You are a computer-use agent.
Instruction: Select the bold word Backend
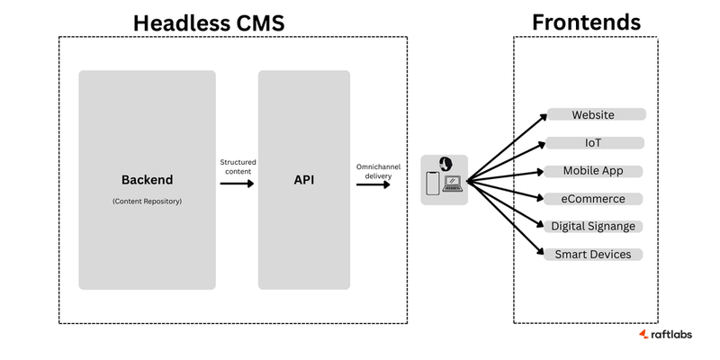(x=147, y=179)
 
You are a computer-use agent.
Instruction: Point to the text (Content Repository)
(x=147, y=201)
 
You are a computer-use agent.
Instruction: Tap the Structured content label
(x=238, y=166)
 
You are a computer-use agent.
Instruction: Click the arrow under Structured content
(x=238, y=184)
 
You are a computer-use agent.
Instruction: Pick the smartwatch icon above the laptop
(x=444, y=163)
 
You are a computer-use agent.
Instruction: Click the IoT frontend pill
(x=594, y=143)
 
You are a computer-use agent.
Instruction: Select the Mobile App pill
(x=594, y=171)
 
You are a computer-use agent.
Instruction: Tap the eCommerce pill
(x=594, y=199)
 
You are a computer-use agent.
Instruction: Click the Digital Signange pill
(x=594, y=227)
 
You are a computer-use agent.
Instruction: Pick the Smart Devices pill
(x=594, y=255)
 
